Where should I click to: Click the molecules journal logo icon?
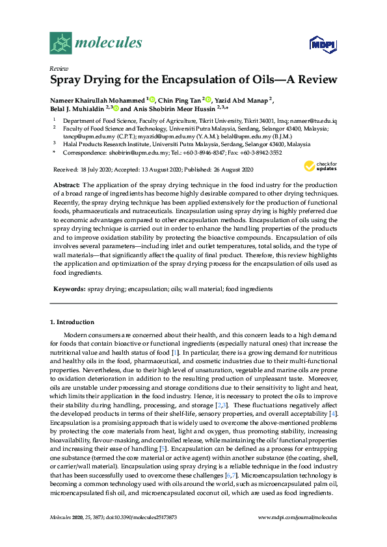coord(60,44)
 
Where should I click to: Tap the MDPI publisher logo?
coord(317,44)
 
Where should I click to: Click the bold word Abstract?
coord(65,185)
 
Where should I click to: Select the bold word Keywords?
coord(68,288)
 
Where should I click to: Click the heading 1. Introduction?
coord(72,322)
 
